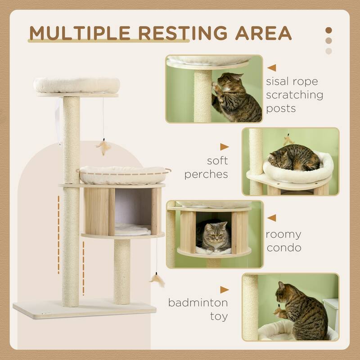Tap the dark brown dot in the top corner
(x=328, y=30)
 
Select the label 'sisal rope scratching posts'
(x=294, y=95)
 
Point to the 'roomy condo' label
(x=283, y=241)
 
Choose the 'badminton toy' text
(x=198, y=309)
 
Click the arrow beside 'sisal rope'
(x=271, y=68)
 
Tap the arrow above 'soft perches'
(x=224, y=147)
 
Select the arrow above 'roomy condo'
(x=271, y=218)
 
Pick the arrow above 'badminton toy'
(x=224, y=290)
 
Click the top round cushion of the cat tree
(x=76, y=85)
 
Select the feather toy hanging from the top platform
(x=104, y=147)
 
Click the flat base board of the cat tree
(x=85, y=310)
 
